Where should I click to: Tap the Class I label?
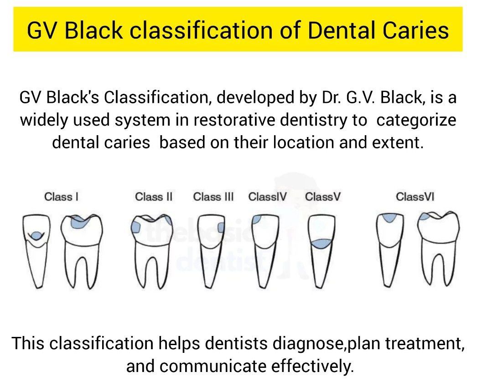(61, 197)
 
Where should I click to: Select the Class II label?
(154, 197)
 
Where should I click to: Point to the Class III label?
(213, 197)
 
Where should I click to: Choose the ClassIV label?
(268, 197)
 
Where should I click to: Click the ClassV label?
(323, 197)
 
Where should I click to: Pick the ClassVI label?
(415, 197)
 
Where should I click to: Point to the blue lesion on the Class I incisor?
(35, 235)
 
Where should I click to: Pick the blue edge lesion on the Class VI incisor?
(389, 218)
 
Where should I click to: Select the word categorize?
(416, 120)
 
